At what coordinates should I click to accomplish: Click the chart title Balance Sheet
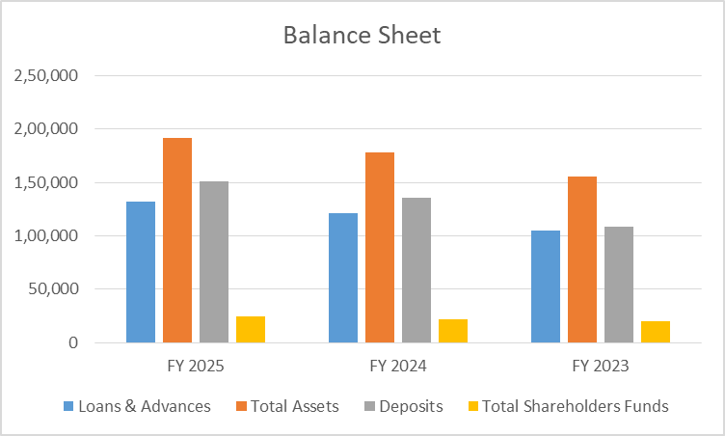[x=362, y=36]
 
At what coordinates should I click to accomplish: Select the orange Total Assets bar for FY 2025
[x=177, y=240]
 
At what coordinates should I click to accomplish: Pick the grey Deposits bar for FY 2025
[x=214, y=261]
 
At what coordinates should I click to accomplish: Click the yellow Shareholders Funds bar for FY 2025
[x=251, y=329]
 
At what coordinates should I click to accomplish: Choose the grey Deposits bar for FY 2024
[x=416, y=270]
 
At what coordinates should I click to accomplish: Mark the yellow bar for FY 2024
[x=453, y=331]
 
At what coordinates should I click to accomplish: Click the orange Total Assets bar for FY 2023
[x=582, y=259]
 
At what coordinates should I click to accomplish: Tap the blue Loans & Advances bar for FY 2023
[x=546, y=286]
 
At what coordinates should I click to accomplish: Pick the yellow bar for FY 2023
[x=656, y=332]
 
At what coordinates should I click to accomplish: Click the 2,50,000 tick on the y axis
[x=45, y=75]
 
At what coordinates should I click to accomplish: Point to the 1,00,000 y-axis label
[x=45, y=235]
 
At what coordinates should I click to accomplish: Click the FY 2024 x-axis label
[x=398, y=367]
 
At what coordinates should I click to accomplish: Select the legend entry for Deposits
[x=409, y=406]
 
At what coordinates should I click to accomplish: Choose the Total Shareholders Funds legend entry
[x=575, y=406]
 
